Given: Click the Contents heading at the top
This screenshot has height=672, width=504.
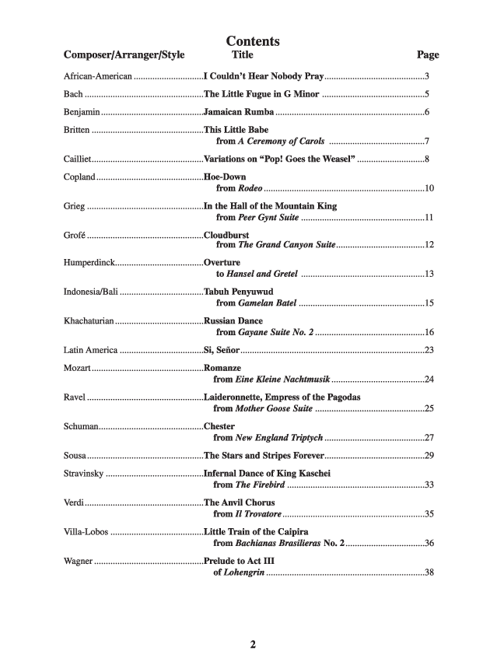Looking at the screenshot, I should [253, 41].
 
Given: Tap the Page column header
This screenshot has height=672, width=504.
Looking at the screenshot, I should [428, 55].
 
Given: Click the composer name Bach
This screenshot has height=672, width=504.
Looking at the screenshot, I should [73, 95].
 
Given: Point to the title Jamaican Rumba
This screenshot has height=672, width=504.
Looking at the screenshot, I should [239, 112].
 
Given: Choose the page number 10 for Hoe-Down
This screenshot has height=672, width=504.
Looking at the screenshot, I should [429, 189].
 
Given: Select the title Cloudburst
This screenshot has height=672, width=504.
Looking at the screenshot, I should [231, 234].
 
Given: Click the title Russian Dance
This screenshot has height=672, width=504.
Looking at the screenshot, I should [233, 320].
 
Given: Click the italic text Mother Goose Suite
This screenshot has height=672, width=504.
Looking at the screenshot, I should [274, 408].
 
